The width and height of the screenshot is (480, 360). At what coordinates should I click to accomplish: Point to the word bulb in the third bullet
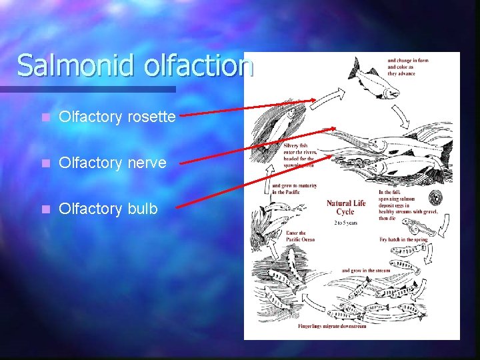point(142,209)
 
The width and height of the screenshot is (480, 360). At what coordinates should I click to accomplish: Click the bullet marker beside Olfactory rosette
point(45,117)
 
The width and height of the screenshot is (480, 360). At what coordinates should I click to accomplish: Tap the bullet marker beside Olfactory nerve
point(45,163)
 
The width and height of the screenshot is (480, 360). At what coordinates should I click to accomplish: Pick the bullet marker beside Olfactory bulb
point(45,209)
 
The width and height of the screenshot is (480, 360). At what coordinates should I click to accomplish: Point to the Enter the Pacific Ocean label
point(296,236)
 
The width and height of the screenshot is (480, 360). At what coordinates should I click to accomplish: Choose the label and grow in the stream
point(364,271)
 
